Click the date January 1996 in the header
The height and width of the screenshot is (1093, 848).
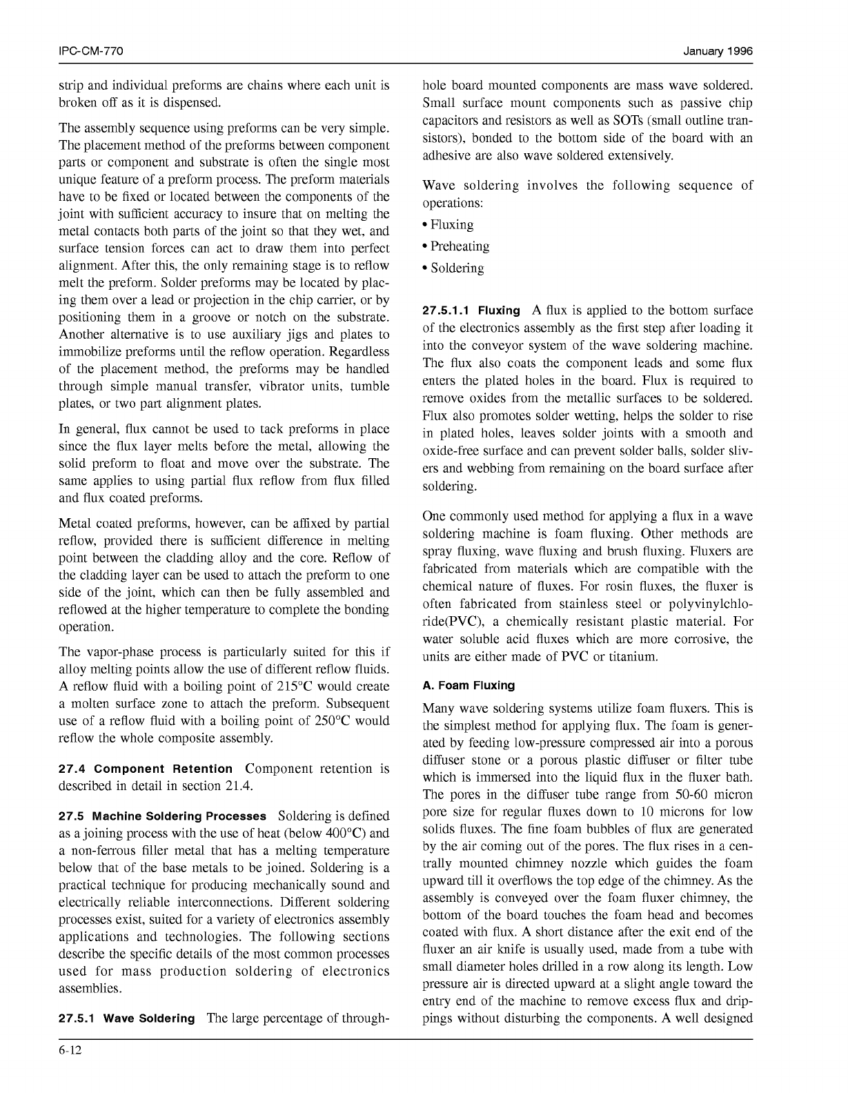[x=718, y=52]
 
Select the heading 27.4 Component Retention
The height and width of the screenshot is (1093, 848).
[x=146, y=769]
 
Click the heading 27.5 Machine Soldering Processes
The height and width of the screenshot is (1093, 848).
[x=162, y=816]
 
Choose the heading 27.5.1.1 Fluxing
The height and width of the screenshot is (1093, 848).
[x=471, y=311]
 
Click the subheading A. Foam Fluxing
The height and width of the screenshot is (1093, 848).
[x=469, y=686]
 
